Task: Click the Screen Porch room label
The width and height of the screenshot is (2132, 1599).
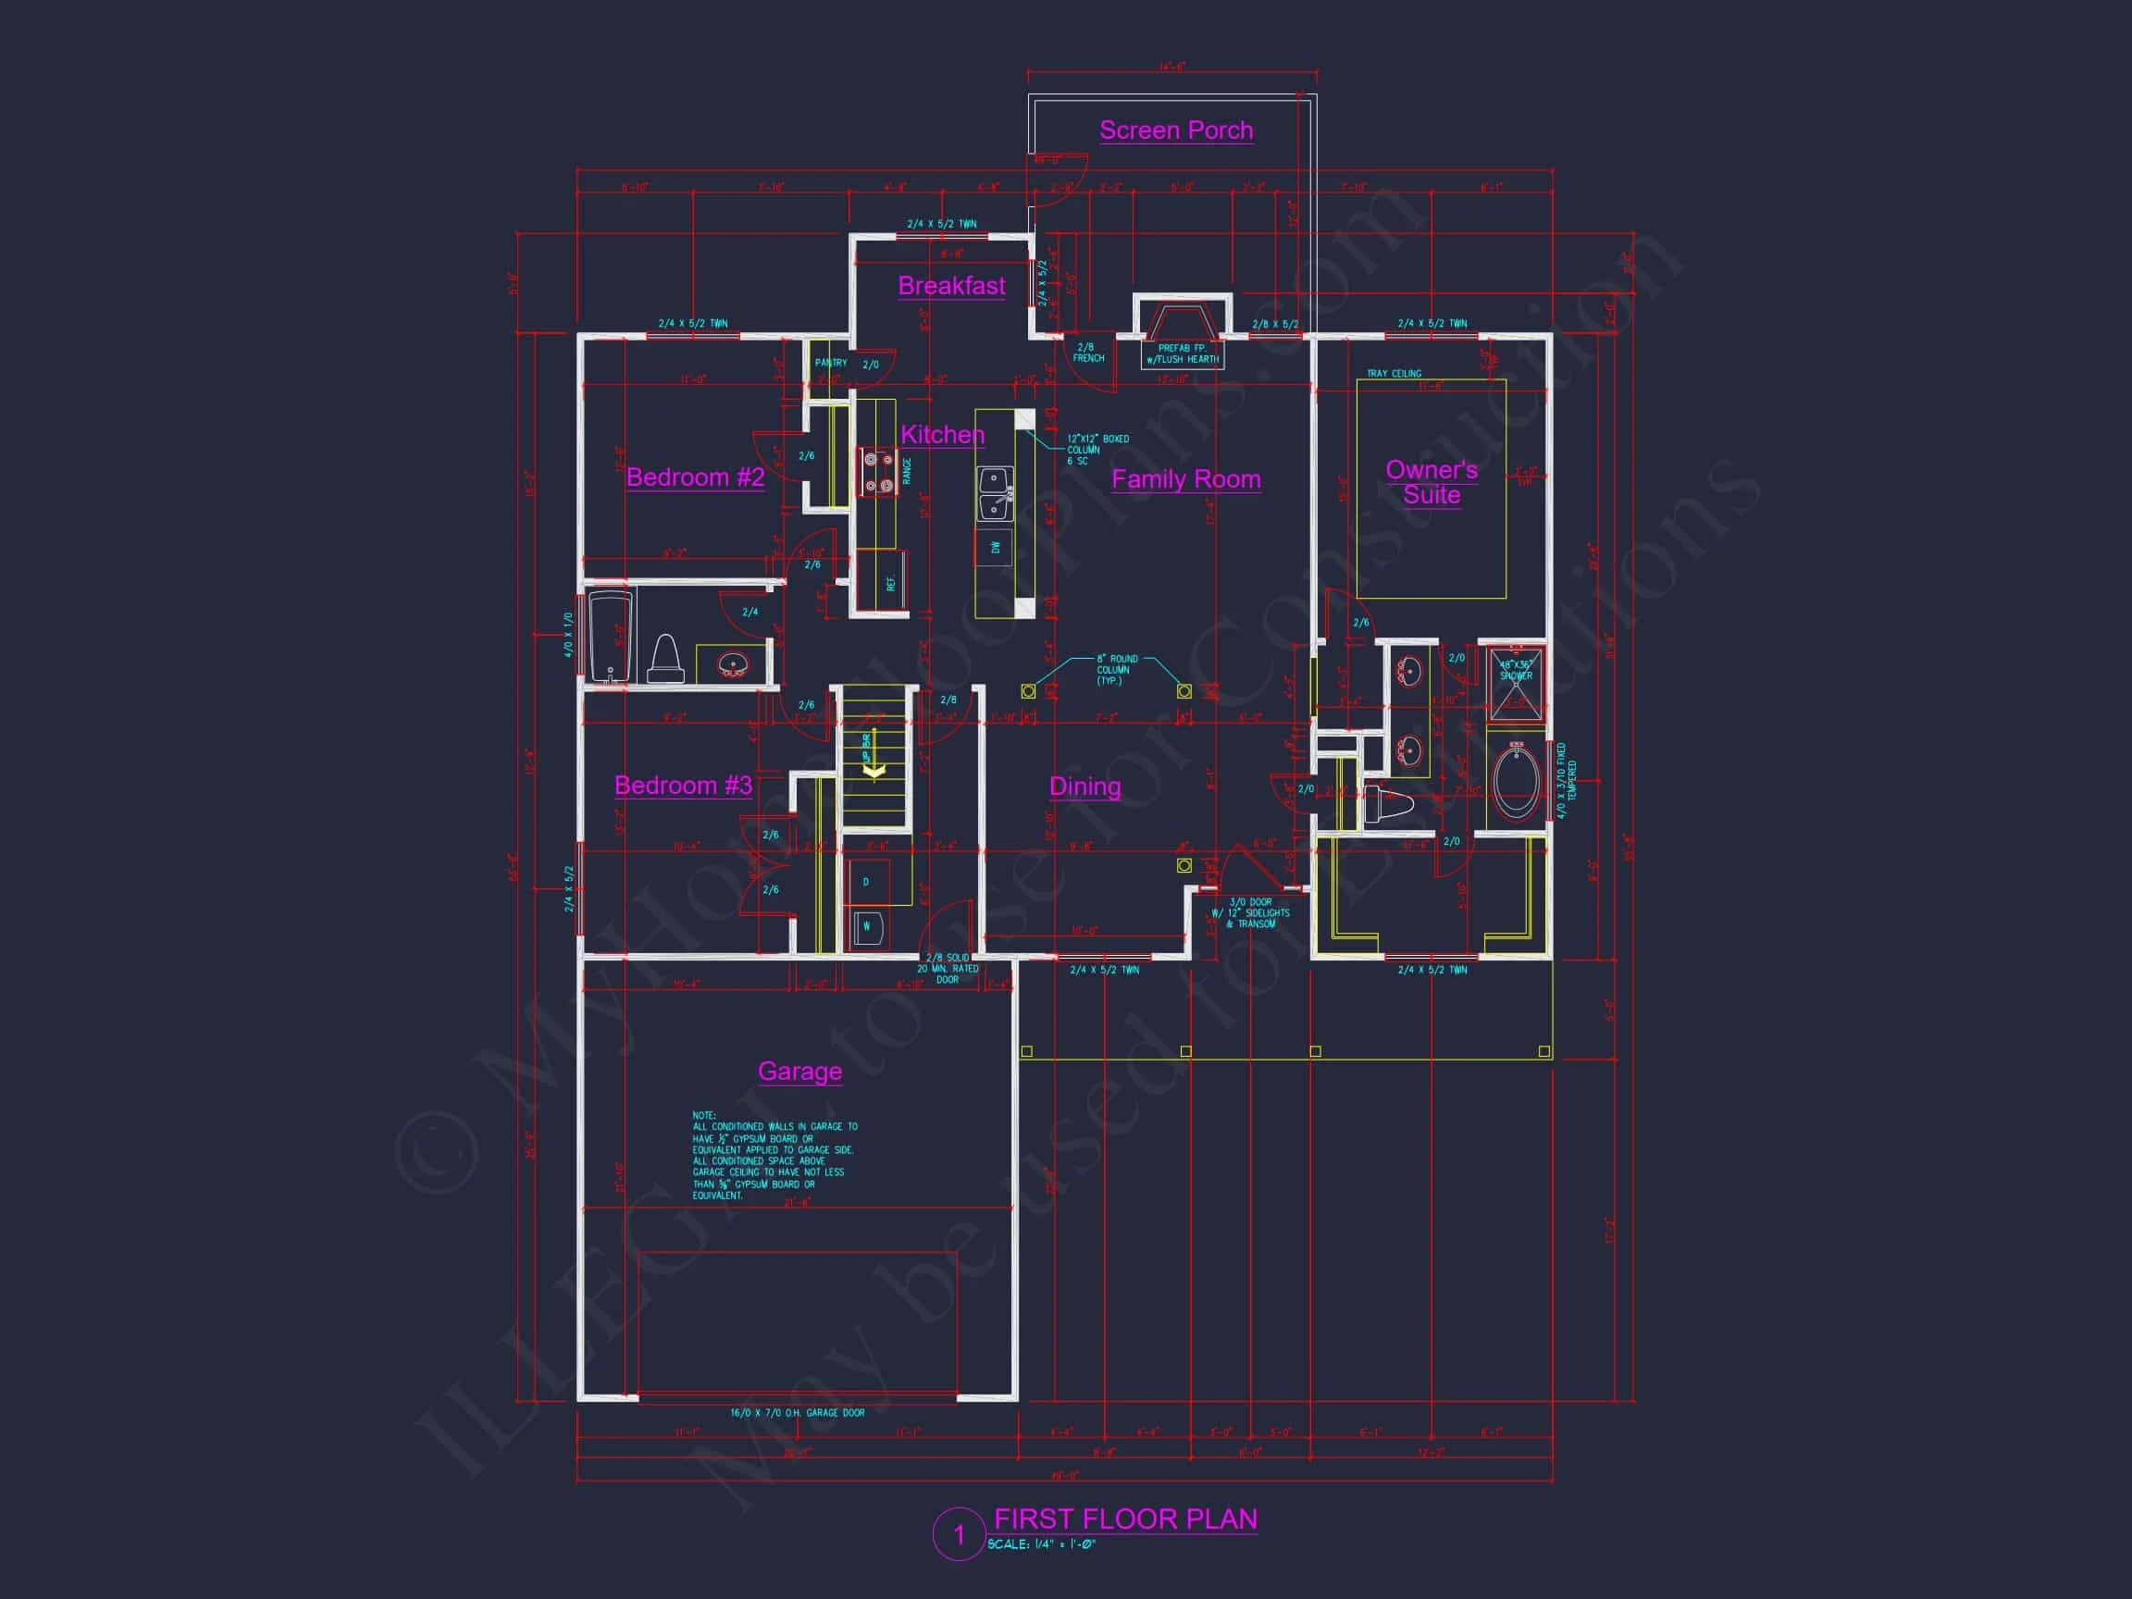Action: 1176,130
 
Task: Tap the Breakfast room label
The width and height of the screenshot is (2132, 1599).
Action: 951,286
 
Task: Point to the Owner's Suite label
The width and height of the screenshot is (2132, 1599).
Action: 1432,482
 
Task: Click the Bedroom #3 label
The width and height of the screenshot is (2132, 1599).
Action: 682,786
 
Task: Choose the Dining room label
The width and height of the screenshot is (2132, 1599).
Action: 1085,787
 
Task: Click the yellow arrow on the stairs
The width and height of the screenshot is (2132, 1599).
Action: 874,770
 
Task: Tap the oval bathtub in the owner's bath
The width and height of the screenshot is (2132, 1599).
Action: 1516,784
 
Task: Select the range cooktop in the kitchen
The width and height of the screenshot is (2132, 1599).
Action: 877,473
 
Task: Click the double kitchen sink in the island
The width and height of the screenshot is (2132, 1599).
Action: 995,492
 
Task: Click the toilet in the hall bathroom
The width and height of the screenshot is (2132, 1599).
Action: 665,660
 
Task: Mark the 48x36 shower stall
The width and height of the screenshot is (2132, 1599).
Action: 1515,683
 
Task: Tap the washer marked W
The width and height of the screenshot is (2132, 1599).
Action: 866,927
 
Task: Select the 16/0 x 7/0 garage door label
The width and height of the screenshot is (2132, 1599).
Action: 797,1413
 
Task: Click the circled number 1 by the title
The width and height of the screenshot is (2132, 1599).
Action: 958,1533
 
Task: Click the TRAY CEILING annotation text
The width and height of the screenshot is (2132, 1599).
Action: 1394,374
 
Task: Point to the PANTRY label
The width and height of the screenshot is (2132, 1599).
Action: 830,364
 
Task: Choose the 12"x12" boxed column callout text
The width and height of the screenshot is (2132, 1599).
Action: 1097,449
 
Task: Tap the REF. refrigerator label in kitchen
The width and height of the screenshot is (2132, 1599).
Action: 890,583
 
